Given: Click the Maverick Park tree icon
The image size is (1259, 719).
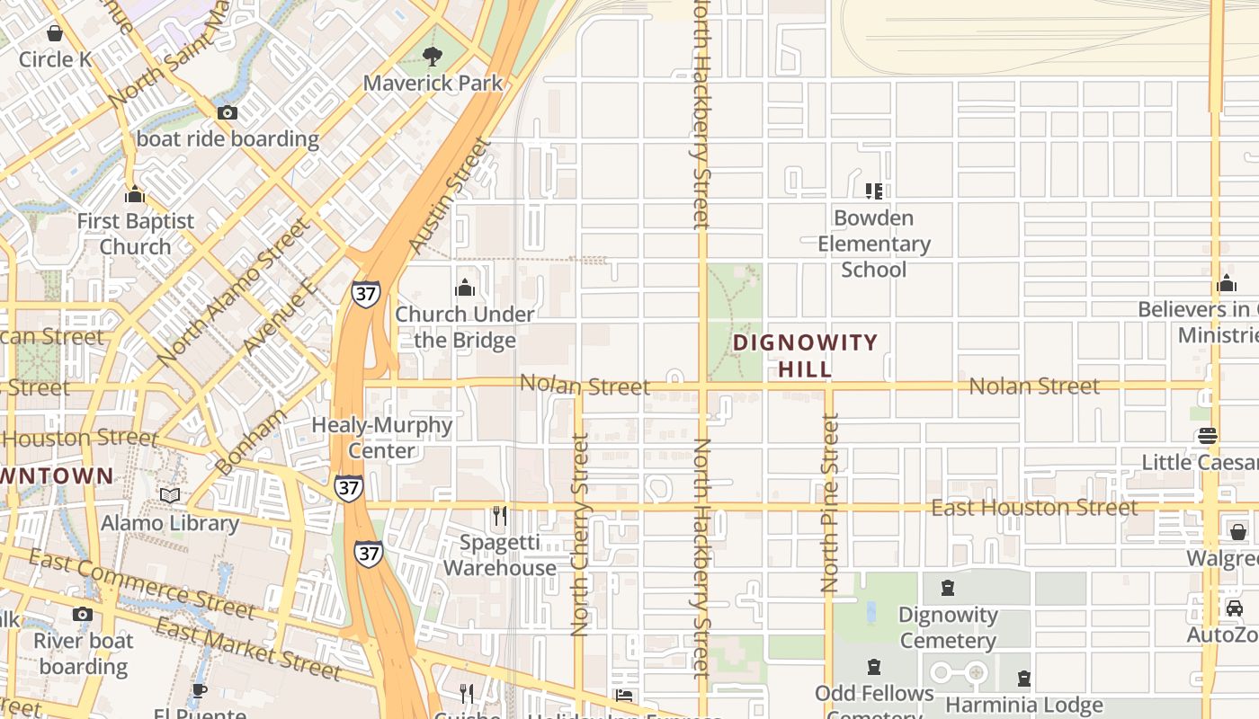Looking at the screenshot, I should [433, 57].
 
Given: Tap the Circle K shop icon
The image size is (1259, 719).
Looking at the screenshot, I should [55, 34].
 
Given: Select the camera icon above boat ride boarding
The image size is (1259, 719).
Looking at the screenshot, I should [228, 113].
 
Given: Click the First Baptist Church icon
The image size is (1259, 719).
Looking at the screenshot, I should [135, 194].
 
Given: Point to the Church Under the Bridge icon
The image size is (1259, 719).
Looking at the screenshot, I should [465, 288].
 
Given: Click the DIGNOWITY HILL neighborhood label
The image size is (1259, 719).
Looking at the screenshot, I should [805, 355].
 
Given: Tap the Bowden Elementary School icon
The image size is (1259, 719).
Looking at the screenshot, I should [873, 191].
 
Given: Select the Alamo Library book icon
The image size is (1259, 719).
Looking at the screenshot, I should [170, 496].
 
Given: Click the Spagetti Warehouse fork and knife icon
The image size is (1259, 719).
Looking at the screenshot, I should [500, 516].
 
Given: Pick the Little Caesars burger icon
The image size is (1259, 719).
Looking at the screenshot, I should [1208, 437].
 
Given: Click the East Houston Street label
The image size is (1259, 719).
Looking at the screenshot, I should [1034, 509].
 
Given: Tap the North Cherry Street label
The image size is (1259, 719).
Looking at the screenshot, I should [580, 534].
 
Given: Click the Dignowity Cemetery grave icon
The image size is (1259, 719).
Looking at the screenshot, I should [947, 589].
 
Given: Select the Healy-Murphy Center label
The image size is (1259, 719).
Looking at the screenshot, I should [382, 437].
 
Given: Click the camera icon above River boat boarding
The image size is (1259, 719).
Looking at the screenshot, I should [83, 615].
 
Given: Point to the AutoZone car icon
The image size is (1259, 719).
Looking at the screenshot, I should [1235, 608].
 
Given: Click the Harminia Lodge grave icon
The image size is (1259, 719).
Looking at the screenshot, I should [1023, 679].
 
